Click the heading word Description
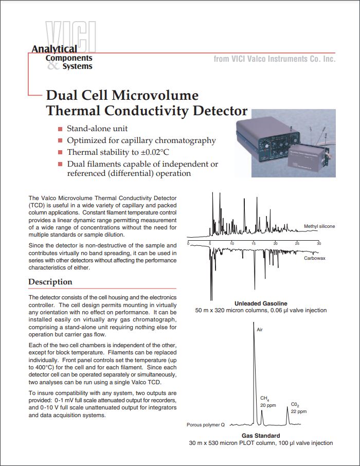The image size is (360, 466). [x=50, y=282]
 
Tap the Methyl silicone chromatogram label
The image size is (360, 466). [x=319, y=226]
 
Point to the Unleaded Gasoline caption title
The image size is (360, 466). [x=261, y=303]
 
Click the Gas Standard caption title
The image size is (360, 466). [x=261, y=436]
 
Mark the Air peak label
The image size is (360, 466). [x=260, y=330]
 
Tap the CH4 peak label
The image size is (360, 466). [x=264, y=399]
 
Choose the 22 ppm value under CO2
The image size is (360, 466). [x=299, y=412]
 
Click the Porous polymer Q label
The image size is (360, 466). [x=206, y=425]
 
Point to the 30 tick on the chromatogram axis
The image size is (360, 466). [x=318, y=243]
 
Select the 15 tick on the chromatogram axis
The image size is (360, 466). [x=254, y=243]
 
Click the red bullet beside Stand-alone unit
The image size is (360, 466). [x=61, y=129]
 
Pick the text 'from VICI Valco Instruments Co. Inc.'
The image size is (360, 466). [x=274, y=59]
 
